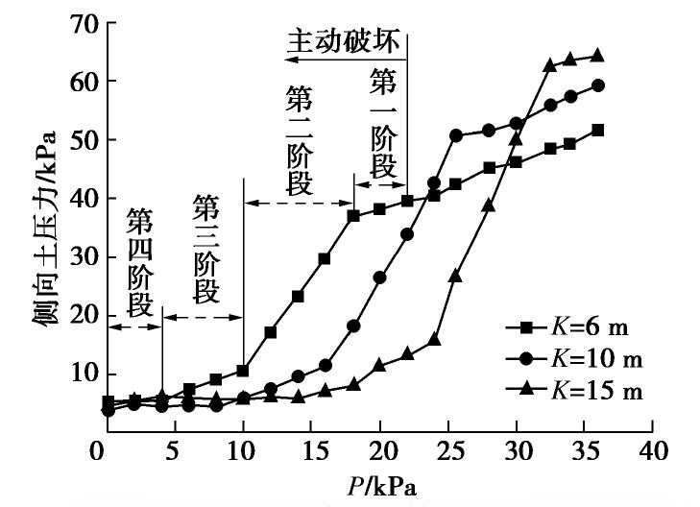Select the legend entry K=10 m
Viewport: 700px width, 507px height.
[576, 360]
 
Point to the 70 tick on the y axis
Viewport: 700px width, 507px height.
[77, 24]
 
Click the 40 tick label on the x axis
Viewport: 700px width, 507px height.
[655, 452]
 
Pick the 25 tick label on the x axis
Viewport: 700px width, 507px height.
[449, 452]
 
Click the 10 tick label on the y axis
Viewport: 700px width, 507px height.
[77, 374]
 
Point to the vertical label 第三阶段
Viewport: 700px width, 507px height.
[205, 247]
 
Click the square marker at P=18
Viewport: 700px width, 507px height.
[353, 215]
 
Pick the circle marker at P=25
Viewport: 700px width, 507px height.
[456, 135]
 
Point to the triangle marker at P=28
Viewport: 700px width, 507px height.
[489, 205]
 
